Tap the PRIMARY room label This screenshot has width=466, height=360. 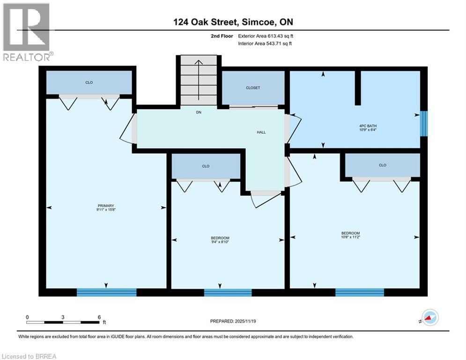click(x=106, y=205)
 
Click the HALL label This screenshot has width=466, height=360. click(x=261, y=132)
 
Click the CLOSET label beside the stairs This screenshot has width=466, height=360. click(x=253, y=88)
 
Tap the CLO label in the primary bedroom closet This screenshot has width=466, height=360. click(x=89, y=82)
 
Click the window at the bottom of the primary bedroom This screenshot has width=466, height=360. click(x=106, y=292)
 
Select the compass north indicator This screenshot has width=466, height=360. click(x=429, y=317)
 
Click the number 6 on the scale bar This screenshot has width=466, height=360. click(x=99, y=317)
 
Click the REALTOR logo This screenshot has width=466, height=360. click(x=28, y=32)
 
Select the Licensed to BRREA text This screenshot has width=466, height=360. click(x=29, y=356)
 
